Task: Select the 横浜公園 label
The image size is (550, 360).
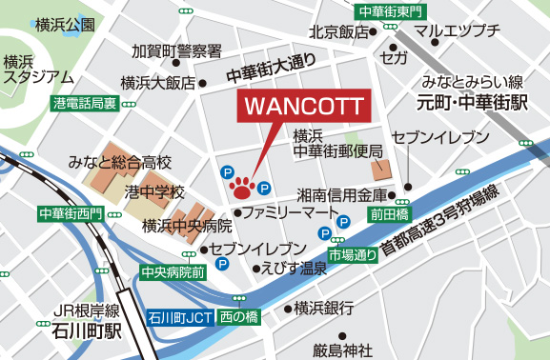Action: click(63, 24)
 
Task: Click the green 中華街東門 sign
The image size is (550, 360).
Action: click(387, 11)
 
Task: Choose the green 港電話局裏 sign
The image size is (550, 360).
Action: click(86, 102)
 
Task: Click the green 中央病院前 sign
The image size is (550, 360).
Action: click(173, 272)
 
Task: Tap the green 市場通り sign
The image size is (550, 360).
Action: click(353, 255)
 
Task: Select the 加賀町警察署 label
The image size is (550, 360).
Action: click(177, 50)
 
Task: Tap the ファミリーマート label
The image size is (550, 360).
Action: click(291, 210)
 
